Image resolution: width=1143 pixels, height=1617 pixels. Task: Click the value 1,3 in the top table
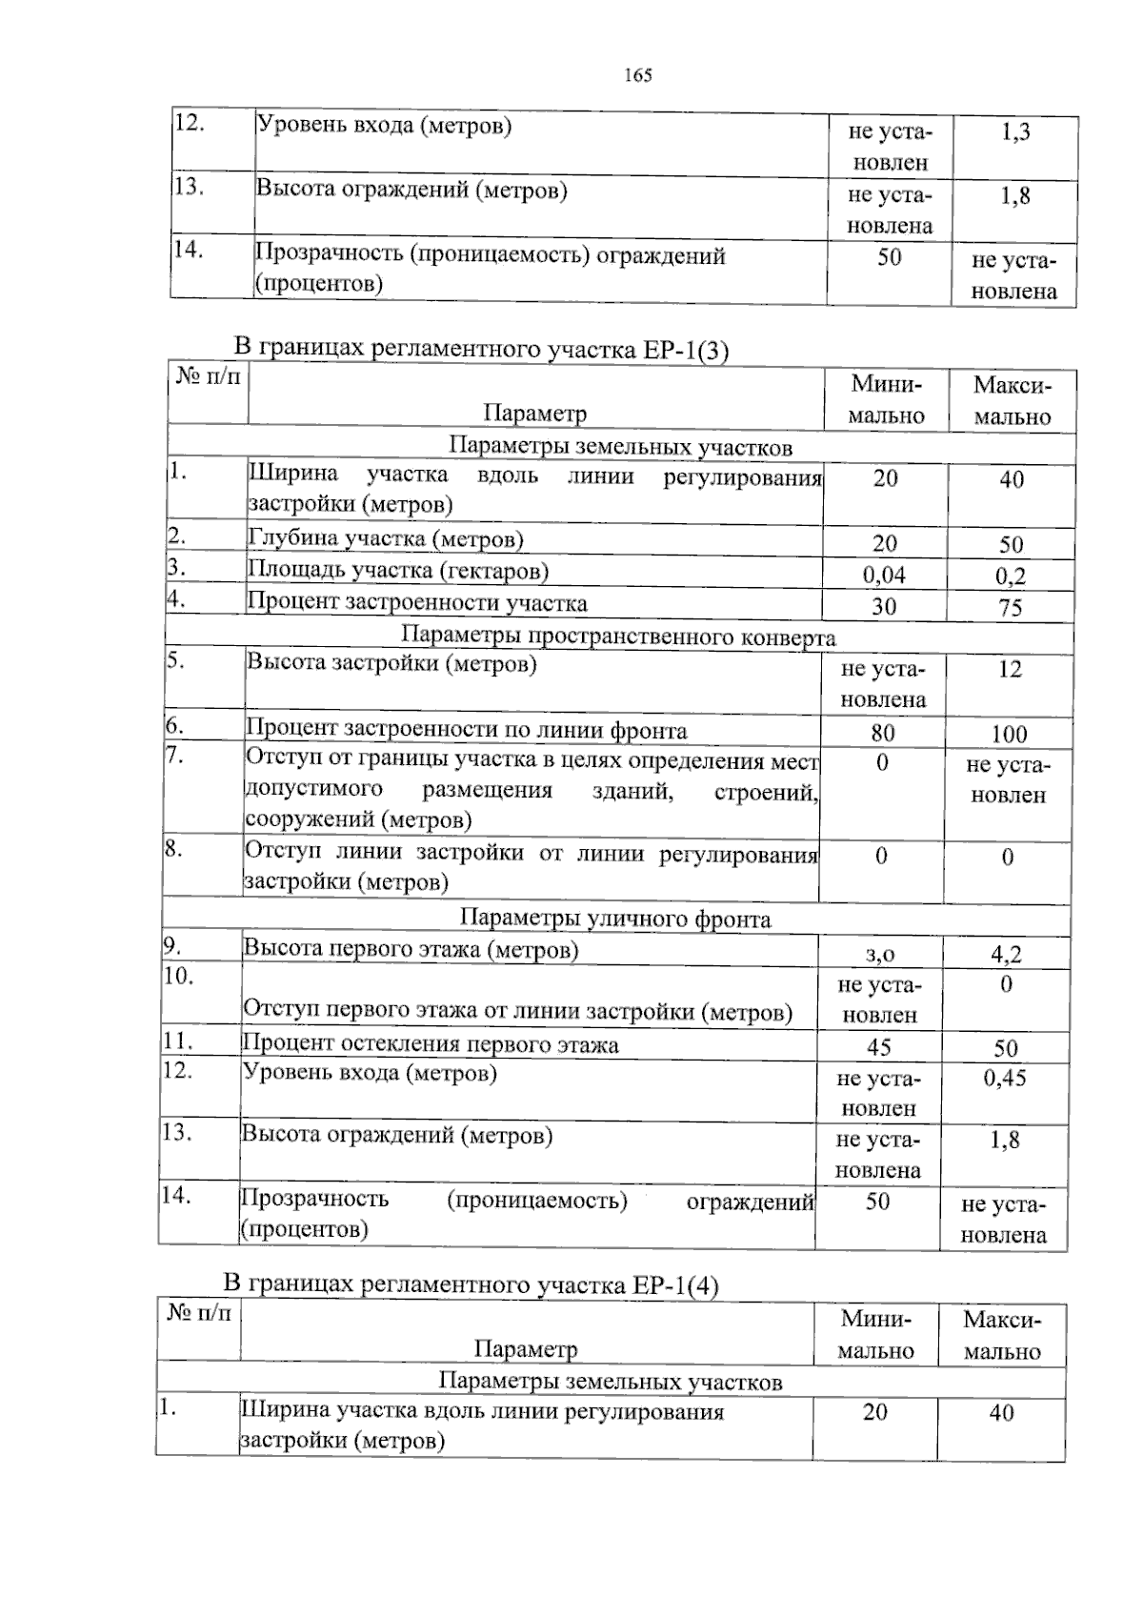click(x=1015, y=132)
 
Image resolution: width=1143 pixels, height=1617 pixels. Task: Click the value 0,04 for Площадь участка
click(x=884, y=575)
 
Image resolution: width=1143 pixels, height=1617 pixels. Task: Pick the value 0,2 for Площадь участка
click(x=1011, y=576)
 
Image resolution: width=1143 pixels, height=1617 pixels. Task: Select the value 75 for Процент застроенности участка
click(x=1011, y=608)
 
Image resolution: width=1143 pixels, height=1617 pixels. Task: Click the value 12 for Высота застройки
click(x=1010, y=669)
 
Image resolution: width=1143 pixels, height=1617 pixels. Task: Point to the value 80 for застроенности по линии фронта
click(x=882, y=733)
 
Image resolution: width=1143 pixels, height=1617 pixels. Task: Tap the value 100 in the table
click(x=1009, y=734)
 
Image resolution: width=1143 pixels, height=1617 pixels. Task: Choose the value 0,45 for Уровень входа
click(x=1005, y=1078)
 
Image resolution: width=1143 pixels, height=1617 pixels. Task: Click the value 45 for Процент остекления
click(x=878, y=1047)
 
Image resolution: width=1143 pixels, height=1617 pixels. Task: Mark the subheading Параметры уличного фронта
click(x=615, y=919)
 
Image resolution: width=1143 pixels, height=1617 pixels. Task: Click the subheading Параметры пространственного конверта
click(x=618, y=637)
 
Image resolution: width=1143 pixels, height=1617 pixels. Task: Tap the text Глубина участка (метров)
click(x=386, y=539)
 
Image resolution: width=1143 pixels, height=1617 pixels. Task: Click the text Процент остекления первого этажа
click(x=431, y=1044)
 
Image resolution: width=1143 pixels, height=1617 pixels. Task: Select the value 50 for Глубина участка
click(x=1011, y=545)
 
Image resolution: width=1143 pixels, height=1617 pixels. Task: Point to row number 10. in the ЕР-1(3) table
click(x=178, y=976)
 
